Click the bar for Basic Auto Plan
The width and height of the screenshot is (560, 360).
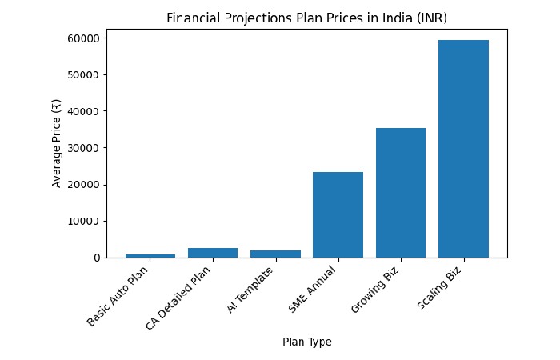coord(150,255)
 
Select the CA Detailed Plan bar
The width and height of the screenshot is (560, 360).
coord(213,253)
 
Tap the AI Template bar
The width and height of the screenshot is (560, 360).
coord(275,254)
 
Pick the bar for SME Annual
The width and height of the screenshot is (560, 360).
coord(338,214)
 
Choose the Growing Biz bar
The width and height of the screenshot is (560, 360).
coord(401,193)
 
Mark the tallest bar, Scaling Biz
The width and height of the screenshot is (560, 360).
coord(463,149)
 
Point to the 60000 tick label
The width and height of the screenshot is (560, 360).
coord(83,38)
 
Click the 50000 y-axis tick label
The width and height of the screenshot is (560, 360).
coord(83,75)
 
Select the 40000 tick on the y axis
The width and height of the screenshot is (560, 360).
coord(83,111)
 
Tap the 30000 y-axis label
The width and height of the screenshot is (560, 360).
coord(83,148)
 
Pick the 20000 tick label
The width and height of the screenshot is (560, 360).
coord(83,185)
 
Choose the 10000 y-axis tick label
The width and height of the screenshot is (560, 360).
coord(83,221)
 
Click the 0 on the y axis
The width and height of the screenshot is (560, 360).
coord(96,258)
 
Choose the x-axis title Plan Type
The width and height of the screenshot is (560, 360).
coord(306,342)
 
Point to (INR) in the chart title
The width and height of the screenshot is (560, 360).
coord(423,18)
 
